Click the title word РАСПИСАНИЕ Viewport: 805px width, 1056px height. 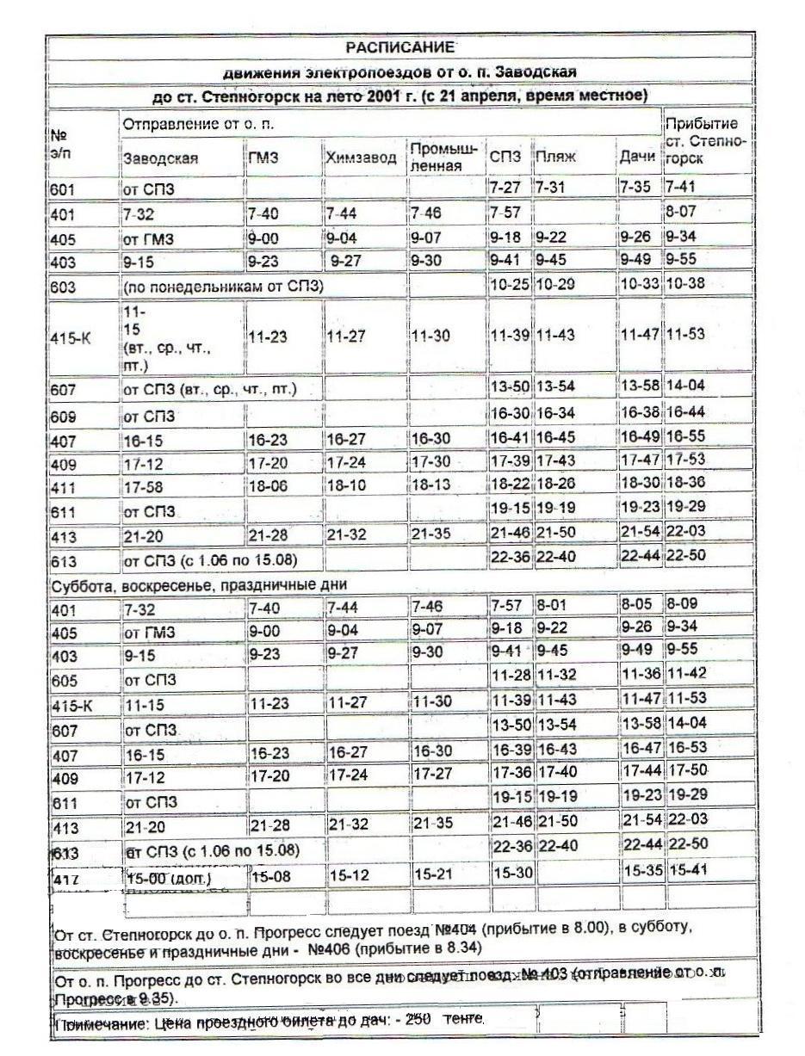coord(399,47)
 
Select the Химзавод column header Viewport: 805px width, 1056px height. coord(361,157)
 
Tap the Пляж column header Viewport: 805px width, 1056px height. coord(554,157)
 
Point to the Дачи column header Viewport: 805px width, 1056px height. coord(637,157)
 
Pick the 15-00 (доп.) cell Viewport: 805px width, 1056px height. coord(168,880)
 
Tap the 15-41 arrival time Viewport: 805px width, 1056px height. coord(687,871)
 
